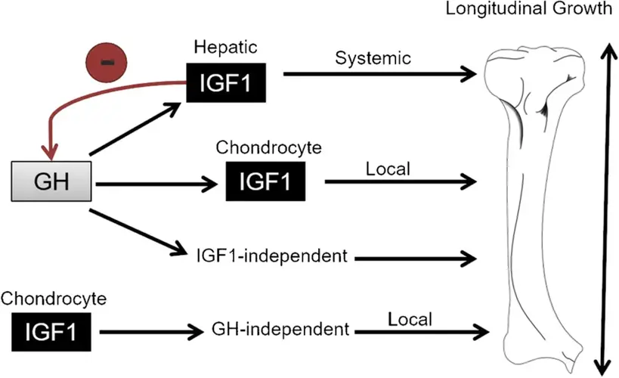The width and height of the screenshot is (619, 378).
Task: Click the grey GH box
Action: pyautogui.click(x=51, y=181)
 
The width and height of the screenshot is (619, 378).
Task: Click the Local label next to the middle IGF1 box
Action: pyautogui.click(x=387, y=168)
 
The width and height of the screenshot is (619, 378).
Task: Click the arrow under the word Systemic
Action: pyautogui.click(x=382, y=74)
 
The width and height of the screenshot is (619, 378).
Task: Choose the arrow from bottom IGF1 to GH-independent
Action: pyautogui.click(x=151, y=330)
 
